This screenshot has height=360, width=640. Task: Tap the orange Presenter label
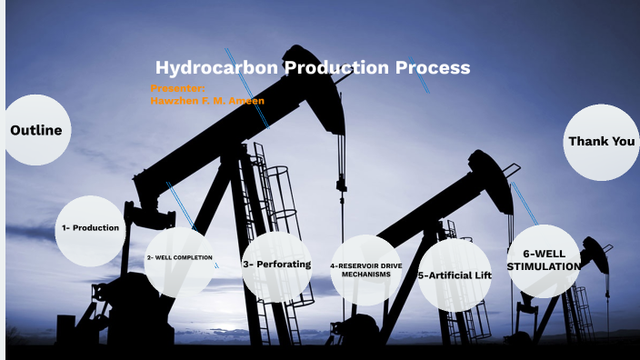click(x=177, y=88)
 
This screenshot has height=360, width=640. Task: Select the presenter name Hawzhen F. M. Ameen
click(x=207, y=101)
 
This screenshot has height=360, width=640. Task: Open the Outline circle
click(x=35, y=130)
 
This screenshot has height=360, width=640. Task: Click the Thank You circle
click(x=601, y=142)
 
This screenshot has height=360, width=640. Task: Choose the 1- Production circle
click(x=90, y=228)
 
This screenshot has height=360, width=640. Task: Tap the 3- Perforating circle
click(x=276, y=265)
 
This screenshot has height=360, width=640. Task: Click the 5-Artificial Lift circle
click(x=455, y=275)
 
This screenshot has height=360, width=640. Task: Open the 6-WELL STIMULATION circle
click(x=544, y=260)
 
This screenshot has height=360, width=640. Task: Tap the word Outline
click(x=35, y=130)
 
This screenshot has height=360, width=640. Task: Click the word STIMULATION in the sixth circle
click(x=544, y=266)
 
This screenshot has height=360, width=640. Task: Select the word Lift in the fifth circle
click(x=479, y=275)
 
